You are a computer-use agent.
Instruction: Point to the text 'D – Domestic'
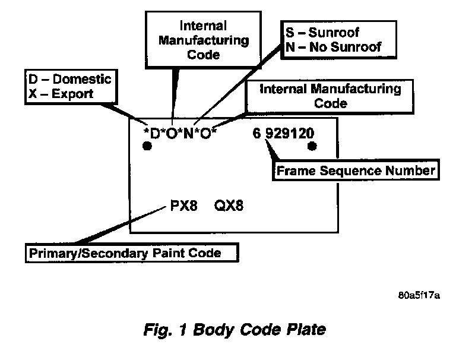tap(69, 79)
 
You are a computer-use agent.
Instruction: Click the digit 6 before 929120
tap(256, 133)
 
